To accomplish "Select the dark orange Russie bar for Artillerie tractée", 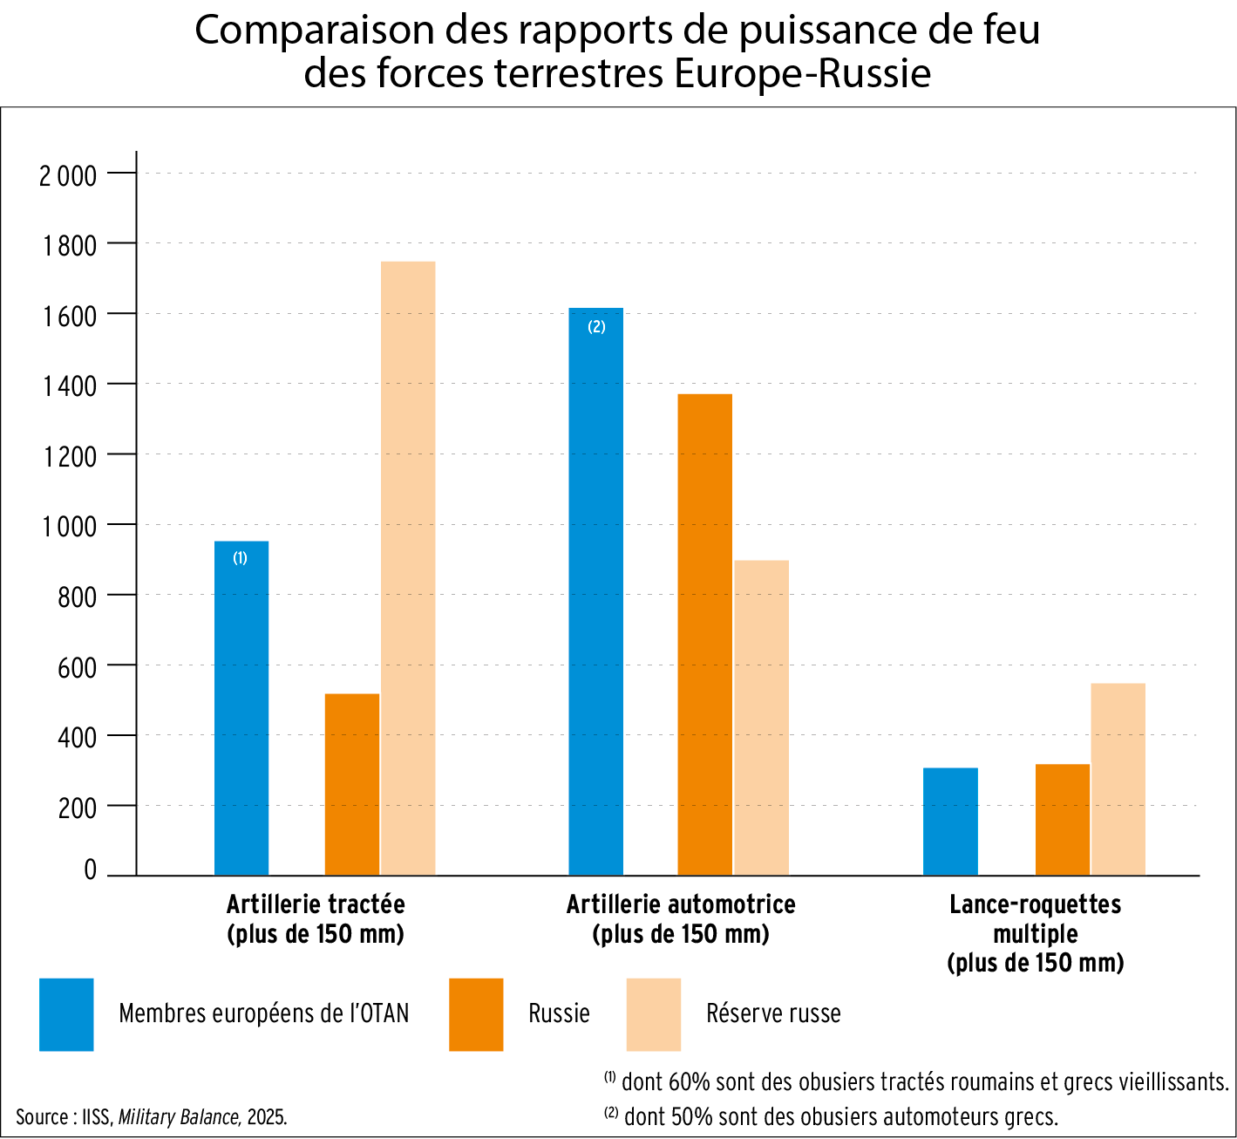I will (x=352, y=784).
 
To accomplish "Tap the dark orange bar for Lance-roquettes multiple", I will (x=1063, y=820).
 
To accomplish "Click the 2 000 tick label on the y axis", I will (x=68, y=175).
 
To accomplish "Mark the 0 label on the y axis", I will (x=90, y=870).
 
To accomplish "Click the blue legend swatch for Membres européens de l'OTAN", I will (x=66, y=1014).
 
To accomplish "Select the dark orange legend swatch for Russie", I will (x=476, y=1014).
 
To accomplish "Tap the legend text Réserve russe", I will (x=773, y=1013).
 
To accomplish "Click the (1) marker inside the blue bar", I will (x=240, y=558).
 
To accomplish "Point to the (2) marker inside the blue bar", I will (x=596, y=327).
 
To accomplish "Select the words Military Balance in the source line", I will (x=179, y=1117).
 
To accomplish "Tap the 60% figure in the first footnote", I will (x=686, y=1082).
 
